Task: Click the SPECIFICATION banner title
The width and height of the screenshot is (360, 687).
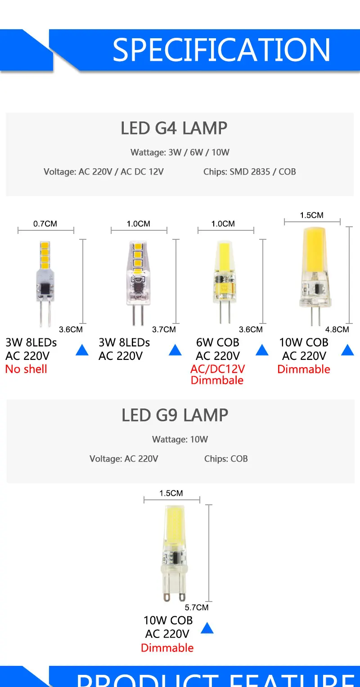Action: (221, 50)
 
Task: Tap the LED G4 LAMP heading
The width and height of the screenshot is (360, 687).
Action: (174, 128)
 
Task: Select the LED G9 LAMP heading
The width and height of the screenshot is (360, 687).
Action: (175, 415)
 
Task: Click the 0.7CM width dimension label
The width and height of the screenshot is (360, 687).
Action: (45, 224)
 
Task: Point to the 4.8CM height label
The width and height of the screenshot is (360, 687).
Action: (337, 329)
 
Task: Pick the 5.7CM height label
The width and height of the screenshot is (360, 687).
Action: (197, 607)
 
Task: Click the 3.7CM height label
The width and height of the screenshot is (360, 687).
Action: (164, 329)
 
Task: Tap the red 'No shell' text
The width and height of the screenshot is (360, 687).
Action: (26, 369)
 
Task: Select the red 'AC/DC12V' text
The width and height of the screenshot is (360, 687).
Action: (217, 369)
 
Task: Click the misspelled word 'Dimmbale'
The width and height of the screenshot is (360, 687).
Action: (217, 380)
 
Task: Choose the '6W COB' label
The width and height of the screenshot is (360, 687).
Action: (217, 343)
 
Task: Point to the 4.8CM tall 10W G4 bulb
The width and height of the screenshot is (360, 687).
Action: (312, 274)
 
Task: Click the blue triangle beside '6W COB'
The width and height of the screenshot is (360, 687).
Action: (262, 350)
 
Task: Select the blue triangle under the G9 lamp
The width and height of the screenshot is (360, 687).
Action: (207, 628)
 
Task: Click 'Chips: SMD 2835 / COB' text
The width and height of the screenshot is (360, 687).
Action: (249, 172)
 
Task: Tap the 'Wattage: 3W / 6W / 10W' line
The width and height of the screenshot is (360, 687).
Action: (180, 153)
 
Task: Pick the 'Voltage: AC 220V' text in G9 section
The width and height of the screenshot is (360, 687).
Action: (124, 459)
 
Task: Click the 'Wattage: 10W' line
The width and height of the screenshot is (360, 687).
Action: (180, 440)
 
